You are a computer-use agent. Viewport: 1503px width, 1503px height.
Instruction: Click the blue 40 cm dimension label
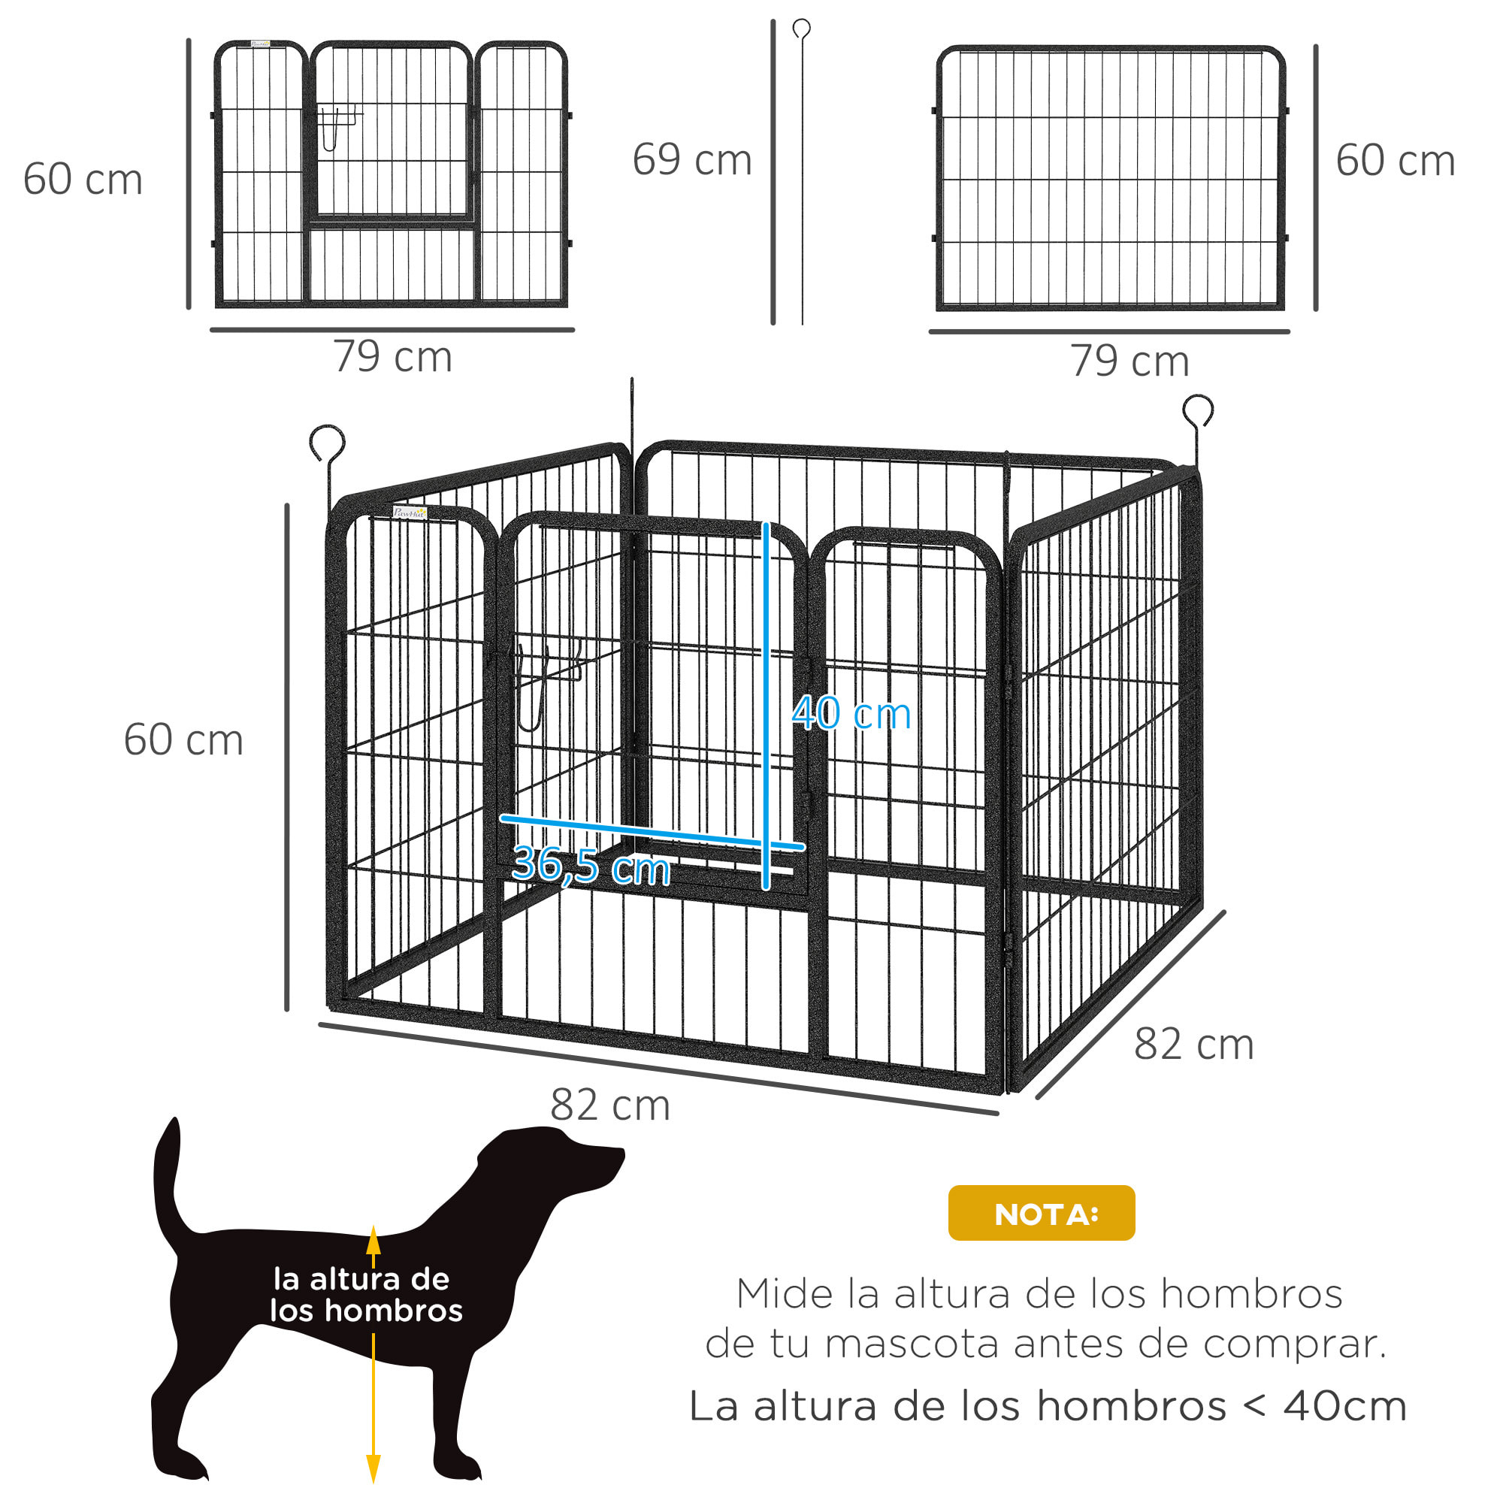tap(851, 712)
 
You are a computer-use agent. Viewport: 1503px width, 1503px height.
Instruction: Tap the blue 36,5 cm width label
tap(591, 865)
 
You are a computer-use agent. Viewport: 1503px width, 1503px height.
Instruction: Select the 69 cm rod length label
tap(691, 159)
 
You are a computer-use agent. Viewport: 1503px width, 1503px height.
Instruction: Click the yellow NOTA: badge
tap(1041, 1213)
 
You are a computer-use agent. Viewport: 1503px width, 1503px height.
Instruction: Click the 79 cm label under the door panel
tap(393, 357)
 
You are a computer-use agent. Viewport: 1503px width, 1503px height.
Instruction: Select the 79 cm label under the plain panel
tap(1130, 361)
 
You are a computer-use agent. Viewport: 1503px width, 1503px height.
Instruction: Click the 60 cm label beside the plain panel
tap(1395, 160)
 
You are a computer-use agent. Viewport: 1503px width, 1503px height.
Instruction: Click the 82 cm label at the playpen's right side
tap(1193, 1044)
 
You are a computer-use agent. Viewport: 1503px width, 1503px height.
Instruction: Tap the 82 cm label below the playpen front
tap(610, 1105)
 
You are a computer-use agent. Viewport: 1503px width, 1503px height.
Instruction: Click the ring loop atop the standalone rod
tap(801, 29)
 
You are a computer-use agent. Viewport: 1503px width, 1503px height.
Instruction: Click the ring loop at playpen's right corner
tap(1197, 410)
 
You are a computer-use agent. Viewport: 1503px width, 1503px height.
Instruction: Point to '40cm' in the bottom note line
tap(1344, 1407)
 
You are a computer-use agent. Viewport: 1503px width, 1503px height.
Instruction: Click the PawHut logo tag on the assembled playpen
tap(410, 513)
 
